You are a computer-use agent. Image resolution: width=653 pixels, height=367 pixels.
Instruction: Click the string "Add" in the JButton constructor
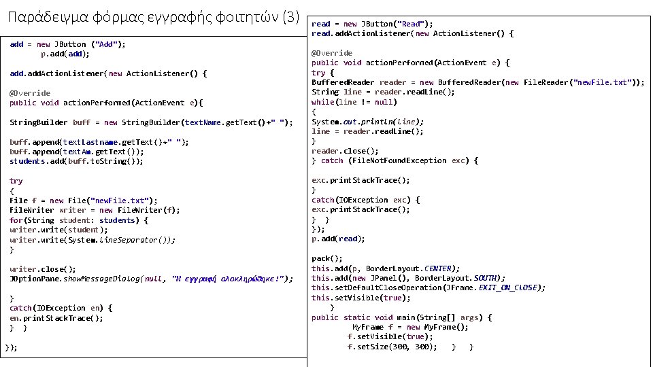tap(105, 44)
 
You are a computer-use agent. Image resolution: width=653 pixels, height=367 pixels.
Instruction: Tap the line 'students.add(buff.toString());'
tap(76, 162)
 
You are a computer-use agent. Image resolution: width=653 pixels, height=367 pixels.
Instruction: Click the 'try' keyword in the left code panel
tap(16, 181)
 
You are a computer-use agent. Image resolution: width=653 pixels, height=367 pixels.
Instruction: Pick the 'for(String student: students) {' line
tap(79, 220)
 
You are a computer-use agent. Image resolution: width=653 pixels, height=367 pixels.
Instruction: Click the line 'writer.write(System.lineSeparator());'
tap(93, 240)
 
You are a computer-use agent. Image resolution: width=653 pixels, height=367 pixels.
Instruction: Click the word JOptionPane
tap(35, 279)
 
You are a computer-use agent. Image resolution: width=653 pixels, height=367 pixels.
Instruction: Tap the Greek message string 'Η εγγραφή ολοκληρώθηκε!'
tap(231, 279)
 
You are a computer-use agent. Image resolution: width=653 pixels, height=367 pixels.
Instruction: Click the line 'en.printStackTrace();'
tap(56, 318)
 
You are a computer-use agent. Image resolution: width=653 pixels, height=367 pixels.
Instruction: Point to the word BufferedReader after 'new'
tap(470, 82)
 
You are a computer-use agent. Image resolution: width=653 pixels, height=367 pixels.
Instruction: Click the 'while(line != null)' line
tap(344, 102)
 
